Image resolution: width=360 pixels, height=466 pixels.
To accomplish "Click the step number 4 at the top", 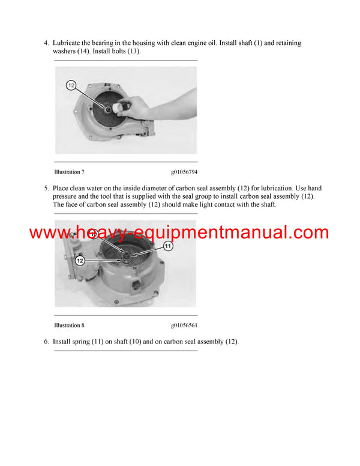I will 46,43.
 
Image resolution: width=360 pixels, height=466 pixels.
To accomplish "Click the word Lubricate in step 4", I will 69,43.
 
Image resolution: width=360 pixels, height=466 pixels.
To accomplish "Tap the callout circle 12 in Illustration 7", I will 71,86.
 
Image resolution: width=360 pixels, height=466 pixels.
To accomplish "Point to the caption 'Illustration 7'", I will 69,172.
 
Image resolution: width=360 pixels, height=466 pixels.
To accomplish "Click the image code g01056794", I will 184,172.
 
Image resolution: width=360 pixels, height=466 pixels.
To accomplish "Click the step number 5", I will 46,188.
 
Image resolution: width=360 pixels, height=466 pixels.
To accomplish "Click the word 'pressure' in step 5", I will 67,196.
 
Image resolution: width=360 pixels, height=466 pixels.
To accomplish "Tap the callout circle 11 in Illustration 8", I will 168,246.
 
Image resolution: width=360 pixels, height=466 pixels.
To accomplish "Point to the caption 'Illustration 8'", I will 69,325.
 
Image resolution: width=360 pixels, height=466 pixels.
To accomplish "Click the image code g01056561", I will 184,325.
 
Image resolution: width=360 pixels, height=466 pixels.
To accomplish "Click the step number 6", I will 46,342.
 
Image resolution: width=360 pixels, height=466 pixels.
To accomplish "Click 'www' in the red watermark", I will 49,232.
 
